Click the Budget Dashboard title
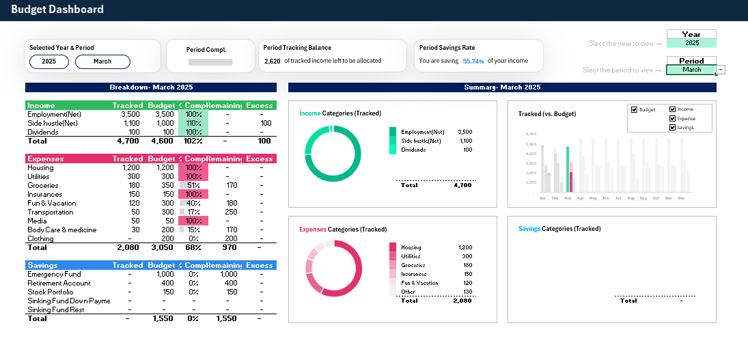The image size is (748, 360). [x=57, y=10]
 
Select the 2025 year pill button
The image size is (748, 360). [x=49, y=61]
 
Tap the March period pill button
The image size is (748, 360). [x=102, y=61]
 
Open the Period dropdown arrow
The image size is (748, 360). [x=721, y=70]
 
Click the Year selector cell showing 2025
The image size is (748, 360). [x=691, y=43]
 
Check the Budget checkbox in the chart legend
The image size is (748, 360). [x=635, y=109]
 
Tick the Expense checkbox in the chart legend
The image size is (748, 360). [x=673, y=118]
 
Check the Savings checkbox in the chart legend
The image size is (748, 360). [x=673, y=127]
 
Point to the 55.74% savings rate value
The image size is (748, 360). [x=473, y=61]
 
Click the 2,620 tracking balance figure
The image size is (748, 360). [x=272, y=61]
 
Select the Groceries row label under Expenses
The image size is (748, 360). [x=43, y=185]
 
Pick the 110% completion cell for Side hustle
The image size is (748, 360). [x=193, y=123]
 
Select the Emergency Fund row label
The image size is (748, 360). [x=54, y=274]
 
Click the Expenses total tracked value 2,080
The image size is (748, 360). [x=128, y=247]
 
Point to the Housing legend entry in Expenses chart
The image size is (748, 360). [x=411, y=247]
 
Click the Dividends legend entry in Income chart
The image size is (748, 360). [x=413, y=150]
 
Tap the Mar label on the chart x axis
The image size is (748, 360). [x=567, y=198]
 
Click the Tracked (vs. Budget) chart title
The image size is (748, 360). [x=547, y=114]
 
